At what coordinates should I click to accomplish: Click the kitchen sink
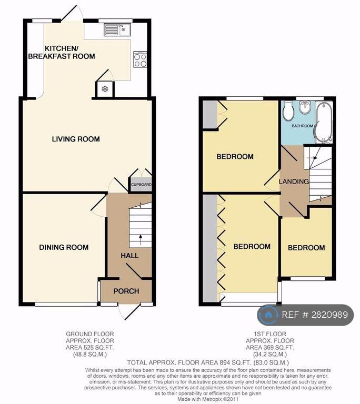coord(117,29)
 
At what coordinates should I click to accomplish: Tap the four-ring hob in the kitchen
coord(141,59)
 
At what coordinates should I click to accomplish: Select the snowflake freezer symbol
coord(105,89)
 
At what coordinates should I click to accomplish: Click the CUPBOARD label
coord(141,185)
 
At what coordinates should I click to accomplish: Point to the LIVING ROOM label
coord(76,139)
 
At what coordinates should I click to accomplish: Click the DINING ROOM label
coord(64,247)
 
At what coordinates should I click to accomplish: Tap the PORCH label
coord(126,291)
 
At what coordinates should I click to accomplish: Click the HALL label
coord(129,256)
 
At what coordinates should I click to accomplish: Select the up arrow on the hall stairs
coord(141,240)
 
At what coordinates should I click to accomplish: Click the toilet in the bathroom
coord(288,111)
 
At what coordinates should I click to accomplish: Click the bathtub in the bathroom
coord(324,122)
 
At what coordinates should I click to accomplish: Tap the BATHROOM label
coord(302,126)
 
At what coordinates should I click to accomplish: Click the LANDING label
coord(294,181)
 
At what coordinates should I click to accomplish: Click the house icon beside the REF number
coord(268,315)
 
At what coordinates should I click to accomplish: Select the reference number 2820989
coord(329,315)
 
